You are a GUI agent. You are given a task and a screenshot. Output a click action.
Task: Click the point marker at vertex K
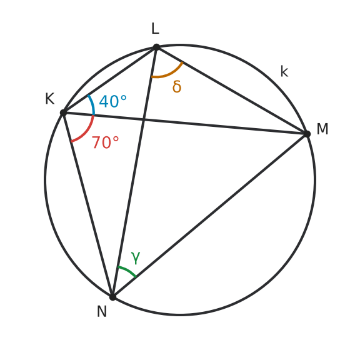click(63, 112)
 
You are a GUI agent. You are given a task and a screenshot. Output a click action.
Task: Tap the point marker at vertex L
click(156, 47)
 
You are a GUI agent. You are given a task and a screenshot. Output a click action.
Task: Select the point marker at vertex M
click(307, 134)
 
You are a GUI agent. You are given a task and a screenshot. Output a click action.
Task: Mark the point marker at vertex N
click(112, 297)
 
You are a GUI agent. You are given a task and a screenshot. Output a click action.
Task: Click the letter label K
click(50, 99)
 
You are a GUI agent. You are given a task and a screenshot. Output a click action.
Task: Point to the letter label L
click(156, 29)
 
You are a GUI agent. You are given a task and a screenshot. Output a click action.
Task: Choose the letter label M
click(322, 129)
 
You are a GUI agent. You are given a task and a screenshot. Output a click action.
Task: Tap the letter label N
click(102, 311)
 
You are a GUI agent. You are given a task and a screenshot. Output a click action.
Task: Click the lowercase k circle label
click(284, 71)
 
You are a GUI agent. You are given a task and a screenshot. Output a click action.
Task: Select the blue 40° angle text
click(112, 101)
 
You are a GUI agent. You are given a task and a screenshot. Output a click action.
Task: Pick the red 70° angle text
click(106, 142)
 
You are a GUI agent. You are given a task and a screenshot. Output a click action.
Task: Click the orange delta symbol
click(177, 86)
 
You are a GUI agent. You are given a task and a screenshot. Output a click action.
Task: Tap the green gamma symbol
click(136, 257)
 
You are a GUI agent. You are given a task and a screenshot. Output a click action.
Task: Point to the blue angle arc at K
click(92, 104)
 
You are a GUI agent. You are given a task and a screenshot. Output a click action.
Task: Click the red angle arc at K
click(86, 132)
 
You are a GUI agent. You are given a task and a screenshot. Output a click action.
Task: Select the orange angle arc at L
click(169, 74)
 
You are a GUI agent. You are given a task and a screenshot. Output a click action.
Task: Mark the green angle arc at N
click(128, 271)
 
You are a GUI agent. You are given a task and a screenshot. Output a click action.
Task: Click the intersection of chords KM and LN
click(144, 119)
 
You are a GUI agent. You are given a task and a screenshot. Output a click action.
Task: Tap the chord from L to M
click(232, 91)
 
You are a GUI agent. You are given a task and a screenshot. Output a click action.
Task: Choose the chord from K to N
click(88, 205)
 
